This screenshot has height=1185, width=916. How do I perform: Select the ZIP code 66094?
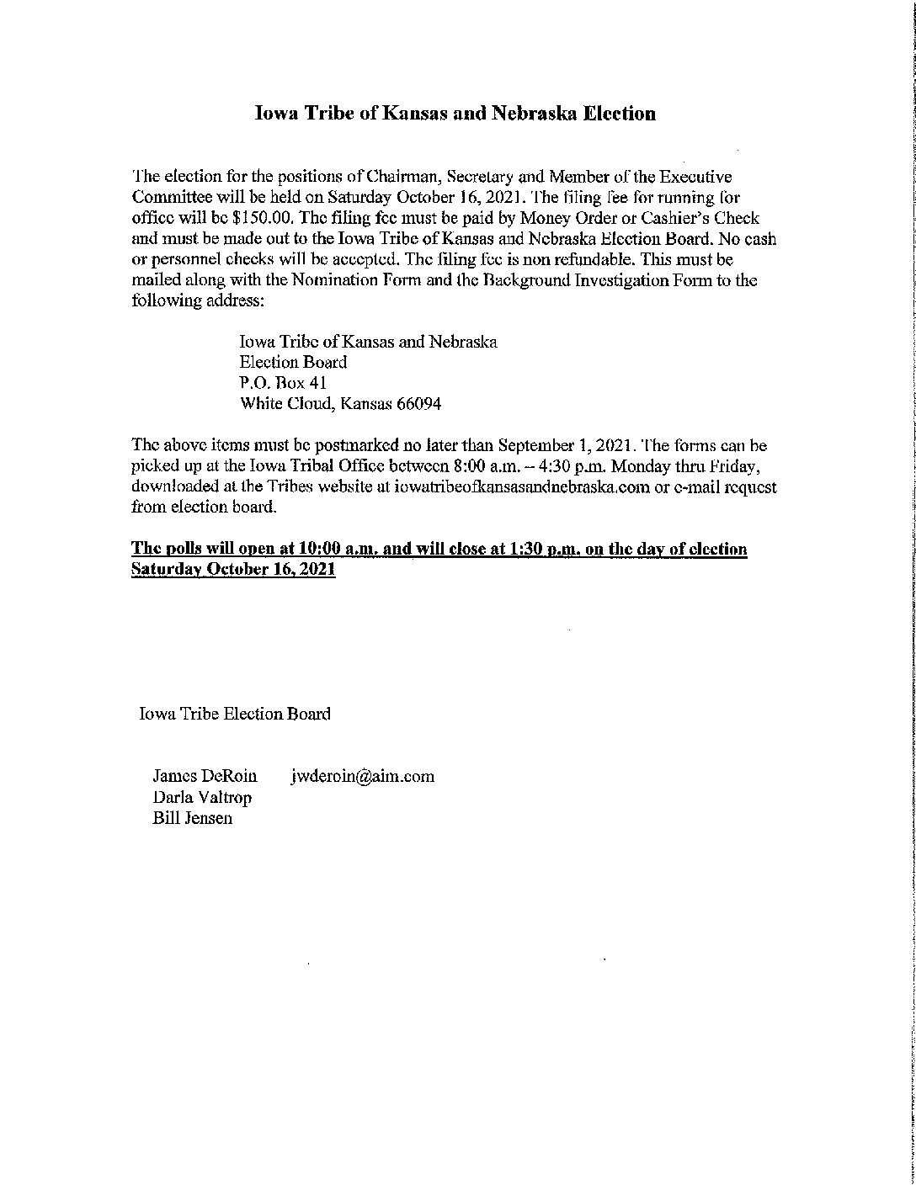click(413, 404)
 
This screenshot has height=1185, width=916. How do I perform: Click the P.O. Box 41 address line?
click(278, 383)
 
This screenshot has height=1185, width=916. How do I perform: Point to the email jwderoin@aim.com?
click(363, 776)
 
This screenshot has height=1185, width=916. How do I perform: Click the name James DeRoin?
click(205, 776)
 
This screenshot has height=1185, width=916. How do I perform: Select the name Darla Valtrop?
click(202, 797)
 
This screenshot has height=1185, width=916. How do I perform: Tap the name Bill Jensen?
click(192, 817)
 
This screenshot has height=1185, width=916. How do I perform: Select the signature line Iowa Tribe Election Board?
click(235, 714)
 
